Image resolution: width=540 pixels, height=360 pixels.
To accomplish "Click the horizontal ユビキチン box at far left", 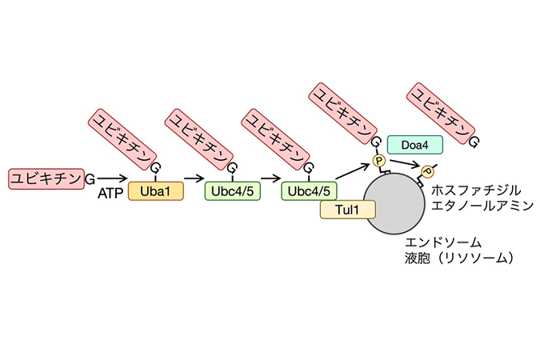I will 46,178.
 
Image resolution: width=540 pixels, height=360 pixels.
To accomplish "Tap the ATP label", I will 109,193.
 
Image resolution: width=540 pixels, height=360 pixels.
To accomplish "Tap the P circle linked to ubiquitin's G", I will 380,162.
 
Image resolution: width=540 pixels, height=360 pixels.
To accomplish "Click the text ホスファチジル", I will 476,190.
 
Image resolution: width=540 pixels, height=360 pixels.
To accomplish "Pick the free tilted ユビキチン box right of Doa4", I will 440,113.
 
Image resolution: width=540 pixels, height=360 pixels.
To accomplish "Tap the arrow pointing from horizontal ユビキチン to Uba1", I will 110,178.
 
